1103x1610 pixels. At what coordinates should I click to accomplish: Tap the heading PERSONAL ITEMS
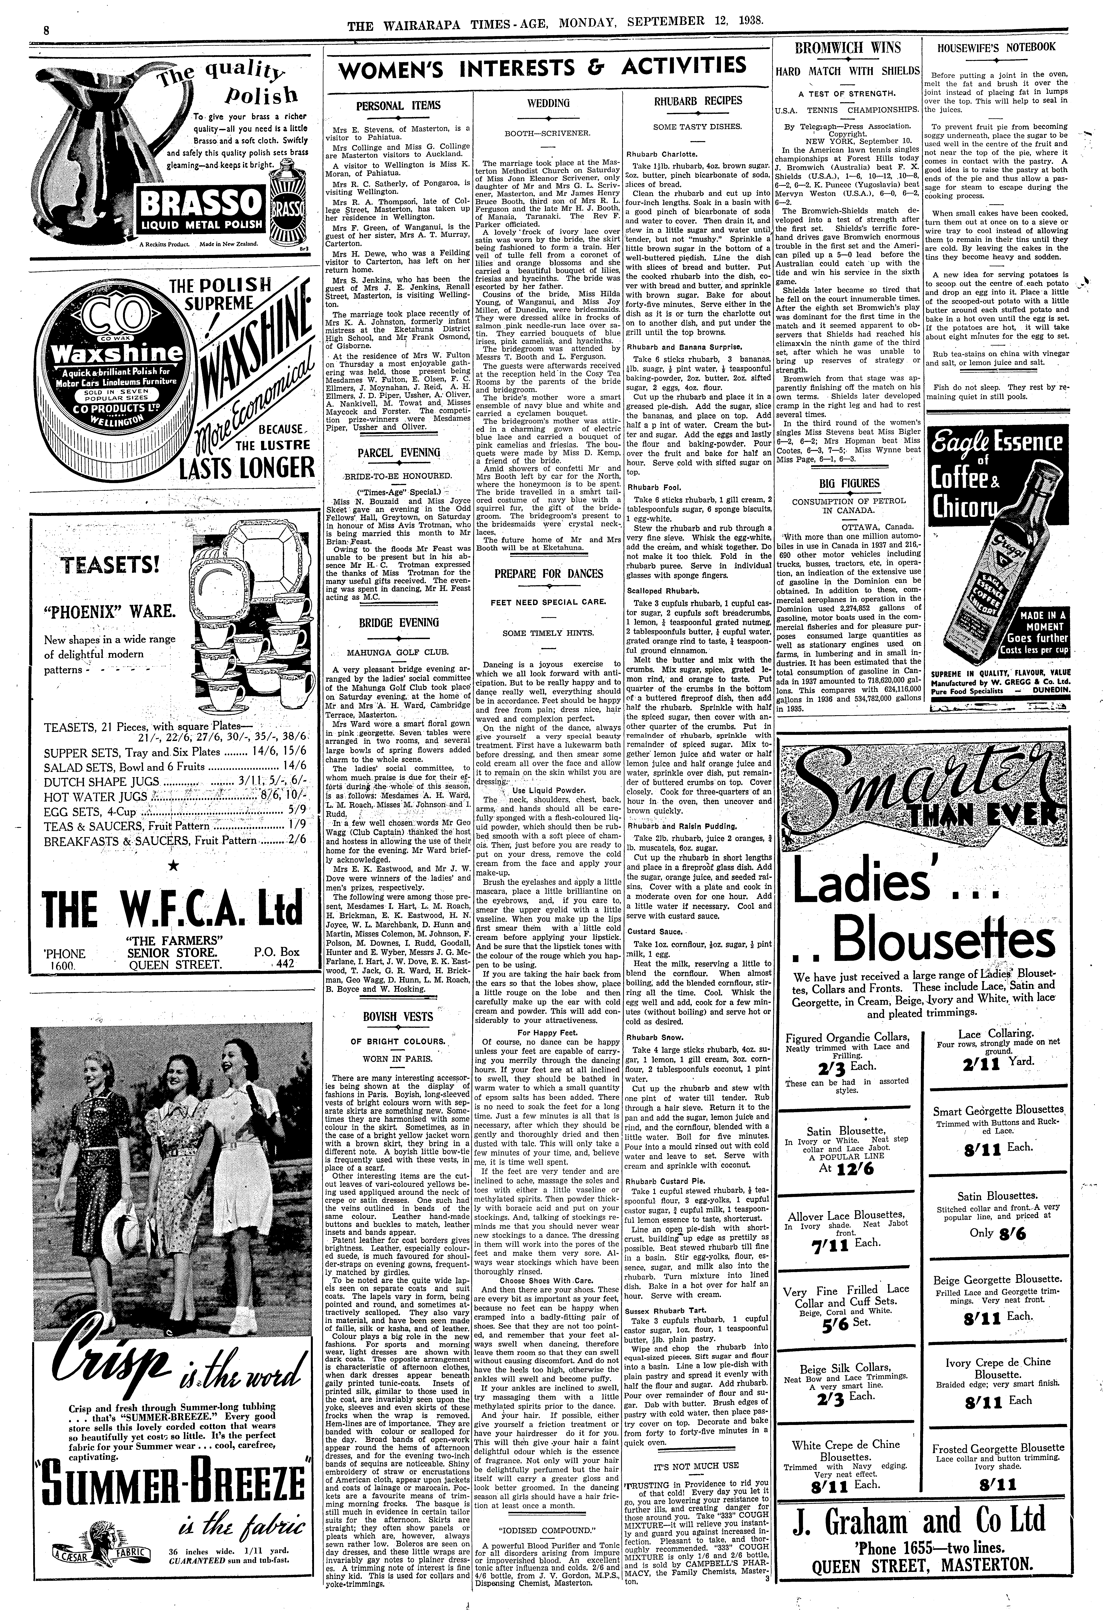click(397, 106)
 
